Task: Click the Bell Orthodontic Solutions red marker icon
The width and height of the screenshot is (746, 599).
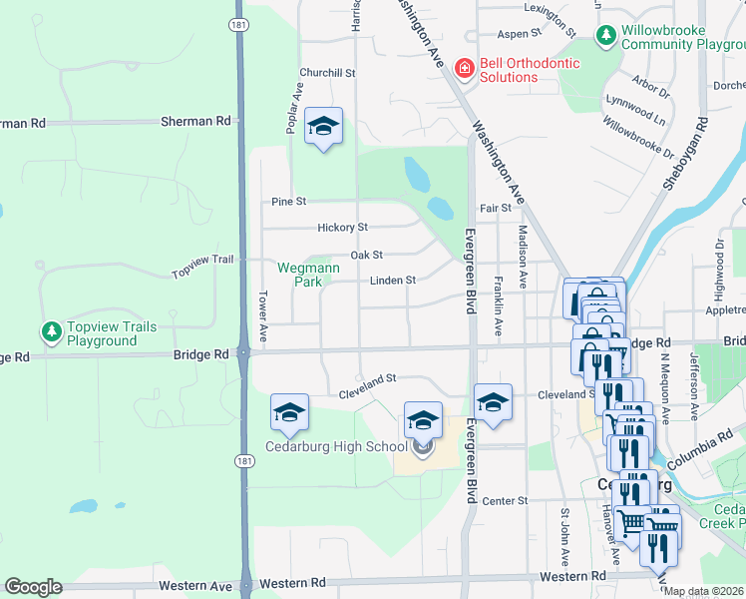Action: click(x=464, y=69)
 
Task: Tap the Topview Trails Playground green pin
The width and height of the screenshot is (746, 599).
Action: click(x=50, y=330)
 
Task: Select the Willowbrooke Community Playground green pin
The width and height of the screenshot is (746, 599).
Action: click(x=605, y=37)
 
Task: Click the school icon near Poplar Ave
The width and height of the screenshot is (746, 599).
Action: click(x=323, y=127)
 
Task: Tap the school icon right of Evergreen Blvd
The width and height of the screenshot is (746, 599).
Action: click(x=493, y=402)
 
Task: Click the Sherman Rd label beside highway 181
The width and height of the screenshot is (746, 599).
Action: click(x=195, y=121)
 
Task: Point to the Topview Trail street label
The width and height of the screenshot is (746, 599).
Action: click(x=202, y=267)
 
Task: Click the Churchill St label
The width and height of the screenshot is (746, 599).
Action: click(x=328, y=73)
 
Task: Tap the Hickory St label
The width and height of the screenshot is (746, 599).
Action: click(x=342, y=228)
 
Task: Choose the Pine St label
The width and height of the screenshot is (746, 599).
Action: click(x=288, y=202)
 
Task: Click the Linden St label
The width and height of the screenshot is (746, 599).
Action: click(x=392, y=281)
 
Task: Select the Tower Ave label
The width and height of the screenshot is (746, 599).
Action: click(x=263, y=315)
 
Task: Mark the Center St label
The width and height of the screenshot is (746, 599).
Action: click(x=505, y=500)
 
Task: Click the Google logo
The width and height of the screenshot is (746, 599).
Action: click(x=33, y=587)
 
